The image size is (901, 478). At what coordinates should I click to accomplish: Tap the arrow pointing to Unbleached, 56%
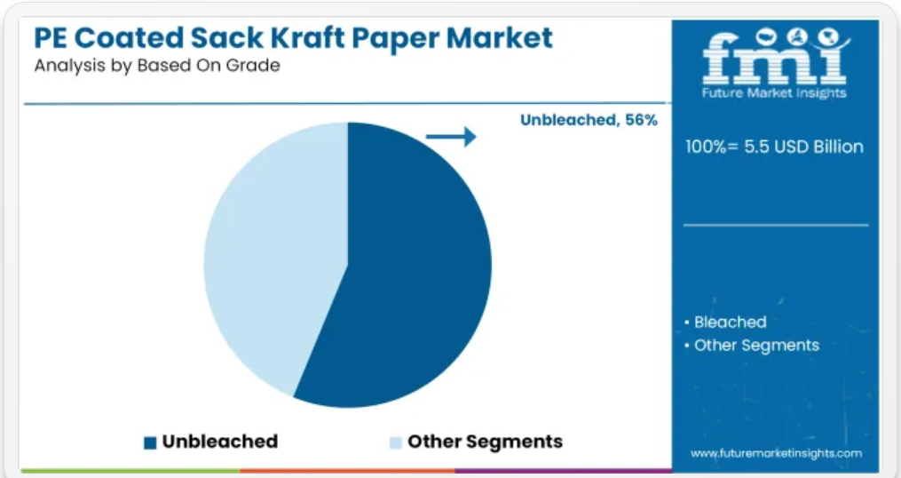451,137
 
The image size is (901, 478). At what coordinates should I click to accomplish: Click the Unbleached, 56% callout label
589,120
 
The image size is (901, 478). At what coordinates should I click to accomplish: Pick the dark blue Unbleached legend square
150,442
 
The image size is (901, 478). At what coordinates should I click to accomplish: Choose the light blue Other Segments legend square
395,442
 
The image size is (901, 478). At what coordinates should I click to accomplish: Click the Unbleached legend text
220,442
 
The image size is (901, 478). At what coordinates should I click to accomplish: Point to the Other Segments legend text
485,442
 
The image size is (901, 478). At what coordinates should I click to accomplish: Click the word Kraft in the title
307,38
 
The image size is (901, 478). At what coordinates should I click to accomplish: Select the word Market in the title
500,38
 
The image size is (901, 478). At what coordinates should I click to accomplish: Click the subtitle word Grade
253,65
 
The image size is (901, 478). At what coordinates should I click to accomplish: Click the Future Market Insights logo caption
774,92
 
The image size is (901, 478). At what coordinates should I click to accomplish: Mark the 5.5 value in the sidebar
757,147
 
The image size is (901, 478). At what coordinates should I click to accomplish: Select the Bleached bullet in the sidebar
725,323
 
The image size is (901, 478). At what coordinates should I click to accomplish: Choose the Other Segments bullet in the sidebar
751,345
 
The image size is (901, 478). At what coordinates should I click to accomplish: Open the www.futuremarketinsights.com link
777,453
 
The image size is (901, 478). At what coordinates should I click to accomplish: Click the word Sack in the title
227,38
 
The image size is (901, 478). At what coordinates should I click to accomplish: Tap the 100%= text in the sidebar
711,147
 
